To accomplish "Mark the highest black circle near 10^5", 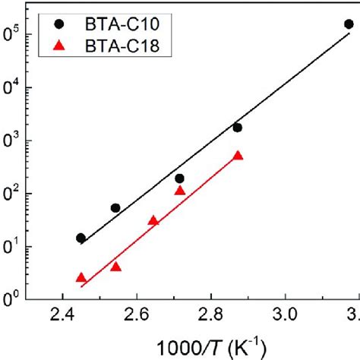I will pos(349,24).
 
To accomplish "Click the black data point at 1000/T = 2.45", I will pos(81,238).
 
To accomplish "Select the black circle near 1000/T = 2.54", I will pos(115,208).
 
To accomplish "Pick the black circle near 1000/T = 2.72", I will pos(179,178).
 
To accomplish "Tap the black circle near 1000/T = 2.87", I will pos(237,128).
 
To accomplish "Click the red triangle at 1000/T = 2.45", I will pos(81,278).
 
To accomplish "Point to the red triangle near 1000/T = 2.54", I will pos(115,267).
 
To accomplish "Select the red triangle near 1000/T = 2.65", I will pos(153,221).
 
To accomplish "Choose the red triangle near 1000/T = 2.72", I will pos(180,191).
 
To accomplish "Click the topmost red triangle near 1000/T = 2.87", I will pos(238,156).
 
